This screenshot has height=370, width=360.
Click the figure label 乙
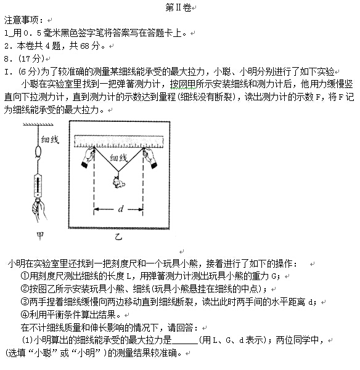coord(120,235)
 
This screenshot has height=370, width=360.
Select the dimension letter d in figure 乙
coord(120,209)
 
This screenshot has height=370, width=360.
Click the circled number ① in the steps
coord(25,276)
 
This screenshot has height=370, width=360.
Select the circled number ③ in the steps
coord(25,302)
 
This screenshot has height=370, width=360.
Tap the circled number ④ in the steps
coord(25,314)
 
